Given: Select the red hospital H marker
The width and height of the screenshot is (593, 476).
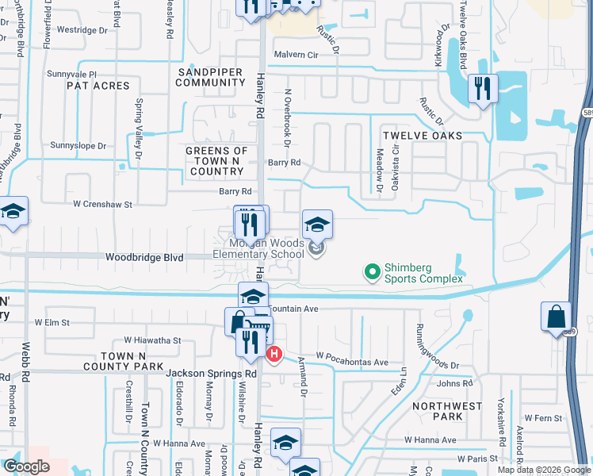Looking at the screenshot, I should click(x=274, y=354).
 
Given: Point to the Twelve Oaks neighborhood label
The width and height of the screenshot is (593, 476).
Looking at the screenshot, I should click(x=422, y=136).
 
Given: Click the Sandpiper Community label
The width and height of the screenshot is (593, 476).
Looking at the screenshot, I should click(x=210, y=76).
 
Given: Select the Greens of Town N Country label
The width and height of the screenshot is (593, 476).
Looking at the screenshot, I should click(x=216, y=161).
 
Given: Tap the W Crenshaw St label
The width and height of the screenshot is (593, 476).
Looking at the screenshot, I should click(x=103, y=205).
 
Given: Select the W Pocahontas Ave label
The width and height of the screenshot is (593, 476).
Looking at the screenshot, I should click(x=352, y=362).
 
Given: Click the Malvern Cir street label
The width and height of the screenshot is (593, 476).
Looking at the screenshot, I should click(x=296, y=55).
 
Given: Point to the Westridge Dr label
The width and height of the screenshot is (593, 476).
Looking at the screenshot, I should click(x=82, y=30).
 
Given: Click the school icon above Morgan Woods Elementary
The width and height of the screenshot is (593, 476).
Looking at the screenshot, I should click(x=316, y=225).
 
